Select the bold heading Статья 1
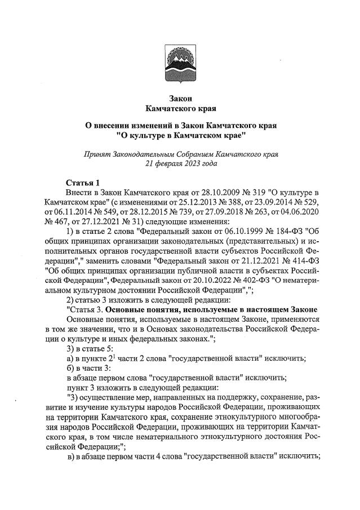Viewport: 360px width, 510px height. (82, 182)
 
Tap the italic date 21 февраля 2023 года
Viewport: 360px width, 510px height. (181, 163)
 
